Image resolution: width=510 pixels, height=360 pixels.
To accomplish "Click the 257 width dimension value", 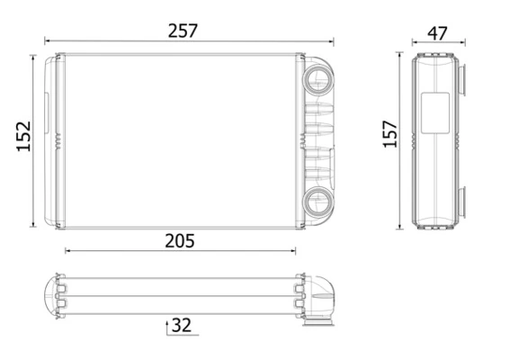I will pyautogui.click(x=183, y=30).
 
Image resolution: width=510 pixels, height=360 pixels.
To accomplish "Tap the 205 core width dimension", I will pyautogui.click(x=180, y=240).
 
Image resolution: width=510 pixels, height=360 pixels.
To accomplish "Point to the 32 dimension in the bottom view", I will pyautogui.click(x=183, y=324).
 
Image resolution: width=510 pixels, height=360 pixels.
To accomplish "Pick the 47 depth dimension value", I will pyautogui.click(x=437, y=33).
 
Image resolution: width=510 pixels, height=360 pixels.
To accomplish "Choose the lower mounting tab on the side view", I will pyautogui.click(x=461, y=201).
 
